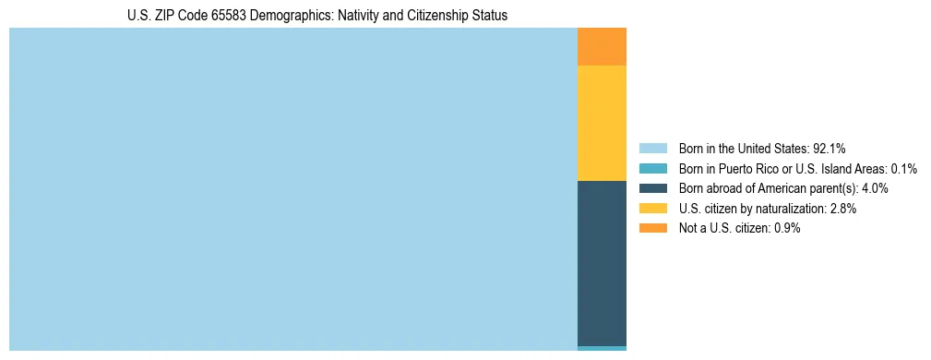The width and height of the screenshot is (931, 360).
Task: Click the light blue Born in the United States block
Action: pyautogui.click(x=292, y=189)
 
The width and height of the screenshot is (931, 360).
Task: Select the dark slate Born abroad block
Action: pyautogui.click(x=602, y=263)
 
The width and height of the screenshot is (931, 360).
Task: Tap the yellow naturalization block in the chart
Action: pyautogui.click(x=602, y=123)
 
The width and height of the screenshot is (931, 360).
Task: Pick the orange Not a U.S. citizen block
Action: pyautogui.click(x=602, y=47)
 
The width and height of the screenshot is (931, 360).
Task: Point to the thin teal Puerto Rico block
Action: pyautogui.click(x=602, y=348)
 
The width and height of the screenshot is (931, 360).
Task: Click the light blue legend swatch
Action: pyautogui.click(x=652, y=149)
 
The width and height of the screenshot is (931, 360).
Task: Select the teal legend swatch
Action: pyautogui.click(x=652, y=169)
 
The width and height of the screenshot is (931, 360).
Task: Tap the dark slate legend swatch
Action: pyautogui.click(x=652, y=188)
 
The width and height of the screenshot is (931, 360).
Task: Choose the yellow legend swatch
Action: pyautogui.click(x=652, y=209)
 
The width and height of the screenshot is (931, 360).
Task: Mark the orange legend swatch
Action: pyautogui.click(x=652, y=228)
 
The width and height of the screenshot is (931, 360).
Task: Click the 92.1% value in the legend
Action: pyautogui.click(x=830, y=149)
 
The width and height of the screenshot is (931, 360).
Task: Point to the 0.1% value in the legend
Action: pyautogui.click(x=903, y=169)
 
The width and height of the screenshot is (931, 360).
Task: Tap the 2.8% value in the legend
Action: pyautogui.click(x=842, y=209)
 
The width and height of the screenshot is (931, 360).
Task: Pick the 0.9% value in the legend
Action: pyautogui.click(x=786, y=228)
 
